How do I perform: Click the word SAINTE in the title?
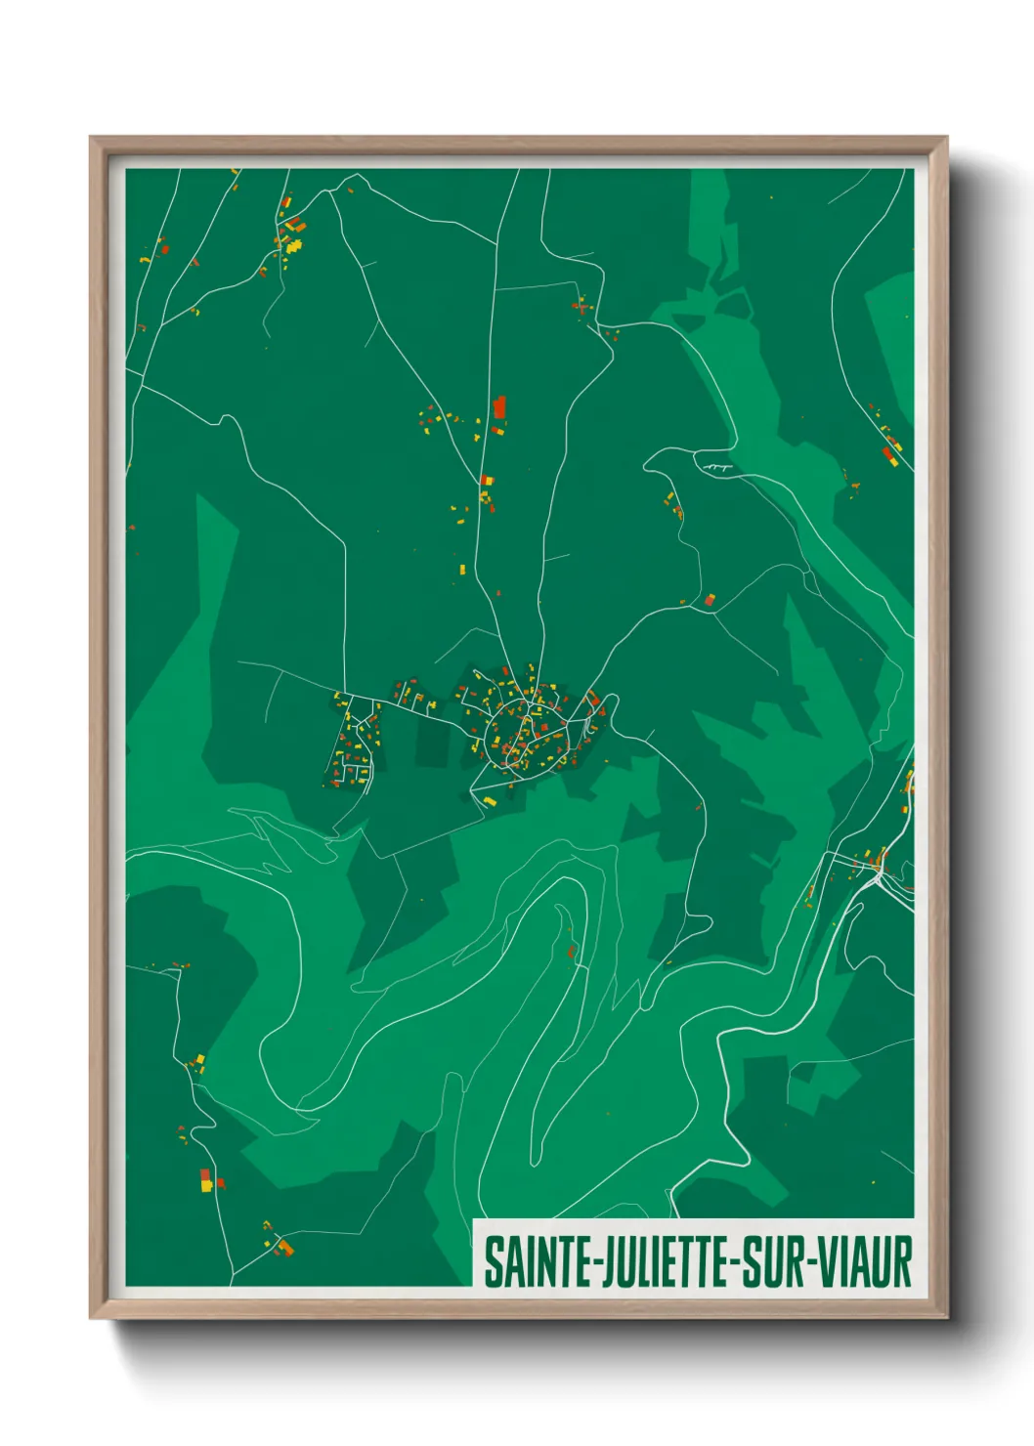point(526,1262)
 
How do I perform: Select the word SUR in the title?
point(773,1262)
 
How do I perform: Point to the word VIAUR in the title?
point(865,1262)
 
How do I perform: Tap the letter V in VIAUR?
point(827,1262)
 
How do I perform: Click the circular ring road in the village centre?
point(526,731)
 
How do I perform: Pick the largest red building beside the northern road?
point(500,406)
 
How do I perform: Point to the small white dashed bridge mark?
point(717,469)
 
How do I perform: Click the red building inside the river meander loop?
point(571,950)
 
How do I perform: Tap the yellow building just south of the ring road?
point(490,801)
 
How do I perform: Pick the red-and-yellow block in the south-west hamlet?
point(206,1180)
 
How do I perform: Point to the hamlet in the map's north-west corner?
point(289,234)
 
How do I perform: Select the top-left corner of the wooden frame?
point(91,138)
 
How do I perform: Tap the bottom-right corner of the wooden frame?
point(946,1319)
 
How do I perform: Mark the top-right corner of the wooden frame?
point(946,138)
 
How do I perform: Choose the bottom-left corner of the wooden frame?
point(91,1319)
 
